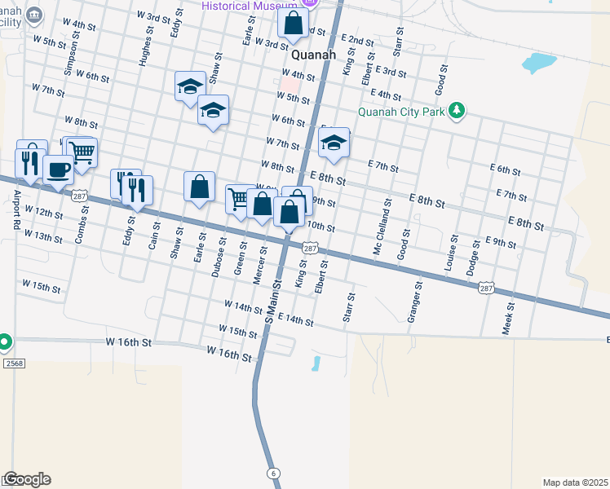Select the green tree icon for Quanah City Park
pos(457,110)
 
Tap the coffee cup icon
pos(58,170)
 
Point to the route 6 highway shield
pos(273,473)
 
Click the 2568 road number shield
pos(9,361)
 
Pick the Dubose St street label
pos(218,257)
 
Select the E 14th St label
pos(295,319)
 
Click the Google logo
pos(26,479)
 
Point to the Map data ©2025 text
pos(576,482)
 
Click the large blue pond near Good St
pos(539,62)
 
